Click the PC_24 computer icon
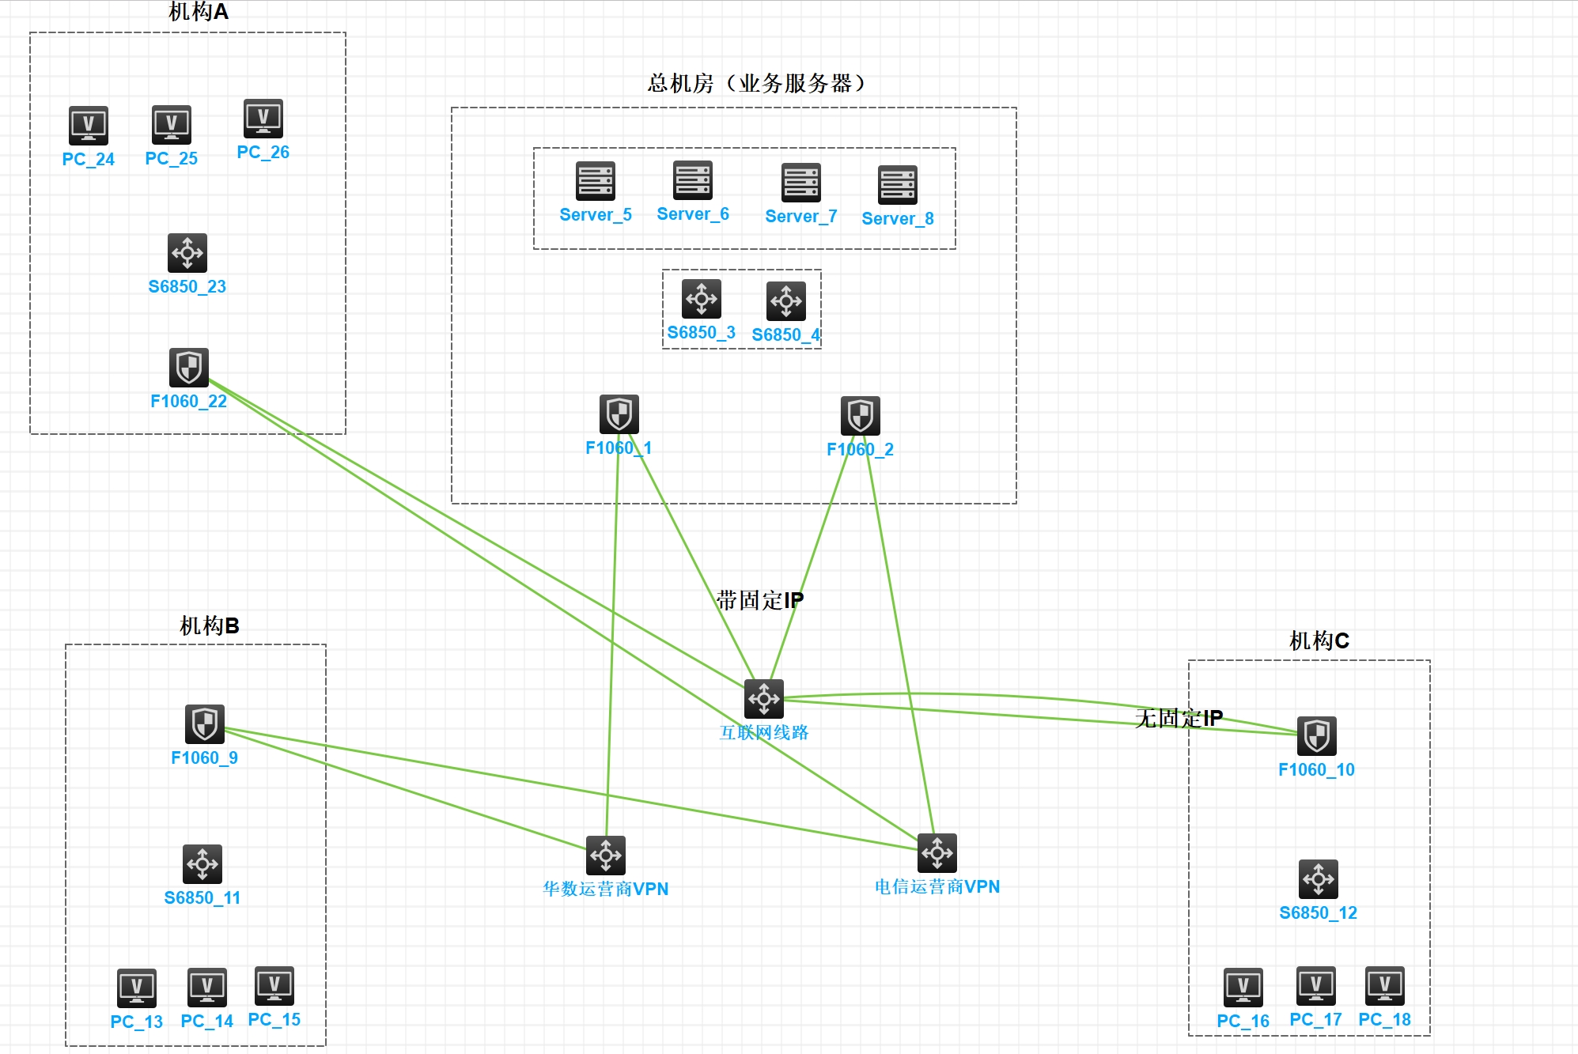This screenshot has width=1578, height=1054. tap(89, 126)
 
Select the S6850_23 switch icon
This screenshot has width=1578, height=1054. tap(187, 253)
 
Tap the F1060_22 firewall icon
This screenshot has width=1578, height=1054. tap(189, 368)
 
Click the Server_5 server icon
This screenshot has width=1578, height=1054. tap(596, 182)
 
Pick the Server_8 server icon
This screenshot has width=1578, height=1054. tap(898, 186)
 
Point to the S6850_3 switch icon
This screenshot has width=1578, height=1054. tap(702, 299)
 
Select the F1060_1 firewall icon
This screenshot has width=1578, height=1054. tap(619, 414)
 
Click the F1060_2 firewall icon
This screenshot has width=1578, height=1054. tap(861, 416)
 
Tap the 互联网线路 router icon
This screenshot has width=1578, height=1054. tap(764, 699)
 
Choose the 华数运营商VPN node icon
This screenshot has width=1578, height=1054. tap(606, 856)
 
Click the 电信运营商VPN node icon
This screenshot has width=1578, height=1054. tap(937, 853)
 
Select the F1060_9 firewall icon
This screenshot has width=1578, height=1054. tap(205, 724)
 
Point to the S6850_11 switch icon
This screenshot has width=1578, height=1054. tap(202, 864)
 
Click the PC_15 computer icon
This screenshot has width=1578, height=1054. tap(274, 986)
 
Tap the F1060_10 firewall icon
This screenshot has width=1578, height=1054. tap(1317, 736)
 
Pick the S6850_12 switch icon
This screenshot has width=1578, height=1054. tap(1319, 879)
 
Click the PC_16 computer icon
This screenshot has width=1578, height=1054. tap(1243, 988)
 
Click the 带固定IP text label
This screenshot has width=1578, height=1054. tap(759, 600)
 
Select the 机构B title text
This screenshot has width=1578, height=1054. tap(210, 625)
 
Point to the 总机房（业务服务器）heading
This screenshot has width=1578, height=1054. tap(756, 83)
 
